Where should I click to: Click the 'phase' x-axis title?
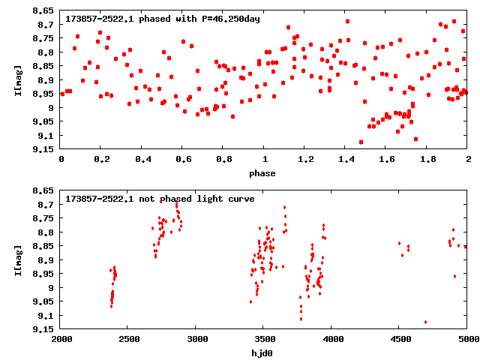pyautogui.click(x=262, y=173)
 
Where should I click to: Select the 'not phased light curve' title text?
pyautogui.click(x=160, y=199)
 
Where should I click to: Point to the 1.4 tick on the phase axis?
pyautogui.click(x=346, y=159)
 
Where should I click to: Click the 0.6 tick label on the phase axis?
pyautogui.click(x=183, y=159)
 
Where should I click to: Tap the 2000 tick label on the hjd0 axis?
pyautogui.click(x=61, y=339)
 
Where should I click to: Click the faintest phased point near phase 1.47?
pyautogui.click(x=361, y=142)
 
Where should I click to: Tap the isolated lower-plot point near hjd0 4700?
pyautogui.click(x=425, y=322)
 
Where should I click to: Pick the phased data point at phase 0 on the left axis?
pyautogui.click(x=61, y=94)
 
